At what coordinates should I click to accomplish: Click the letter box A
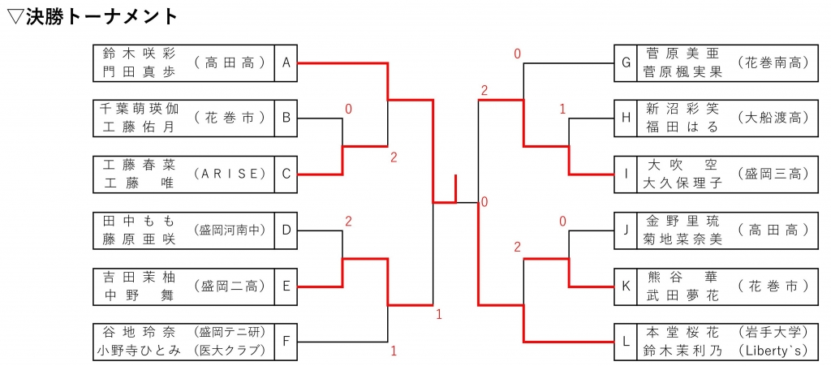point(286,63)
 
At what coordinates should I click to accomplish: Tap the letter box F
point(286,342)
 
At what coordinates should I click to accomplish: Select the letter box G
point(626,63)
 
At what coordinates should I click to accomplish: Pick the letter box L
point(626,342)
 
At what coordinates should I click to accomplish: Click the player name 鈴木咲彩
point(139,54)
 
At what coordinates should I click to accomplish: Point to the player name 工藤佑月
point(139,127)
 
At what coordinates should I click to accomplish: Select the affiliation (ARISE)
point(230,174)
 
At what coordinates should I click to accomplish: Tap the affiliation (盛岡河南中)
point(230,230)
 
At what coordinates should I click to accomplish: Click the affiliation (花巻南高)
point(773,62)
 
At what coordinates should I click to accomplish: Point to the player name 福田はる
point(682,127)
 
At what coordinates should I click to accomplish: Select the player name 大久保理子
point(682,183)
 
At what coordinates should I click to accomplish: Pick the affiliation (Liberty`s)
point(773,351)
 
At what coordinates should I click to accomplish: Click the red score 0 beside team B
point(348,109)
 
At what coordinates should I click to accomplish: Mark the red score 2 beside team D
point(348,222)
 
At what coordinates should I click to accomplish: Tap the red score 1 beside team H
point(563,109)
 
